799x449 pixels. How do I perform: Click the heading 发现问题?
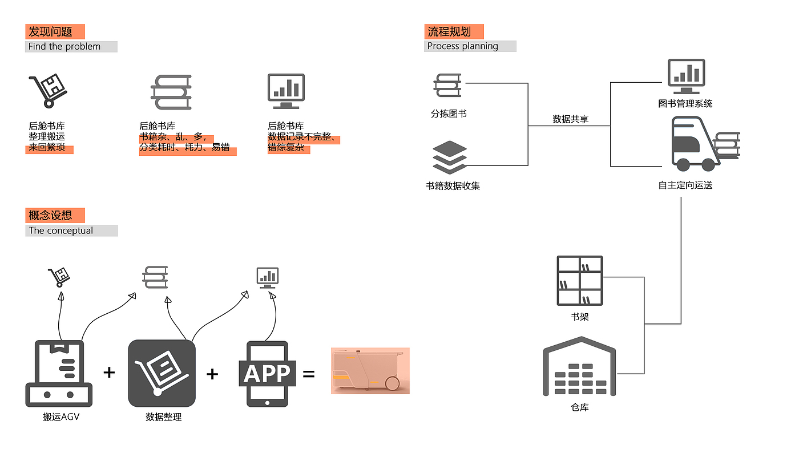(x=51, y=32)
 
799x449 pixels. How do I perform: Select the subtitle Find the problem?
(x=64, y=47)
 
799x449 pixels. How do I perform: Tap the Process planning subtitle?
(x=463, y=46)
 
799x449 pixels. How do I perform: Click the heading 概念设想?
(x=51, y=216)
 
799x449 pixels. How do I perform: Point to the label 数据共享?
(x=570, y=119)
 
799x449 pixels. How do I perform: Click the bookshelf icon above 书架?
(x=579, y=281)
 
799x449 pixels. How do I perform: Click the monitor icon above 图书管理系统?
(x=686, y=77)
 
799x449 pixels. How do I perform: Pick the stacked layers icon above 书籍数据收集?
(x=450, y=157)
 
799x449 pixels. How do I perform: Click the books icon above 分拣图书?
(x=447, y=86)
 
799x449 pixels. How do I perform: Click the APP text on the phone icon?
(x=267, y=374)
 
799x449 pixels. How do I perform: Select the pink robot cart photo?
(x=370, y=371)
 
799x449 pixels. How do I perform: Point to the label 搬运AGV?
(x=61, y=417)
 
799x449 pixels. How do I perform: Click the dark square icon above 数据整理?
(x=162, y=373)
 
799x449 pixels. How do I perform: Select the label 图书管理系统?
(x=685, y=104)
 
